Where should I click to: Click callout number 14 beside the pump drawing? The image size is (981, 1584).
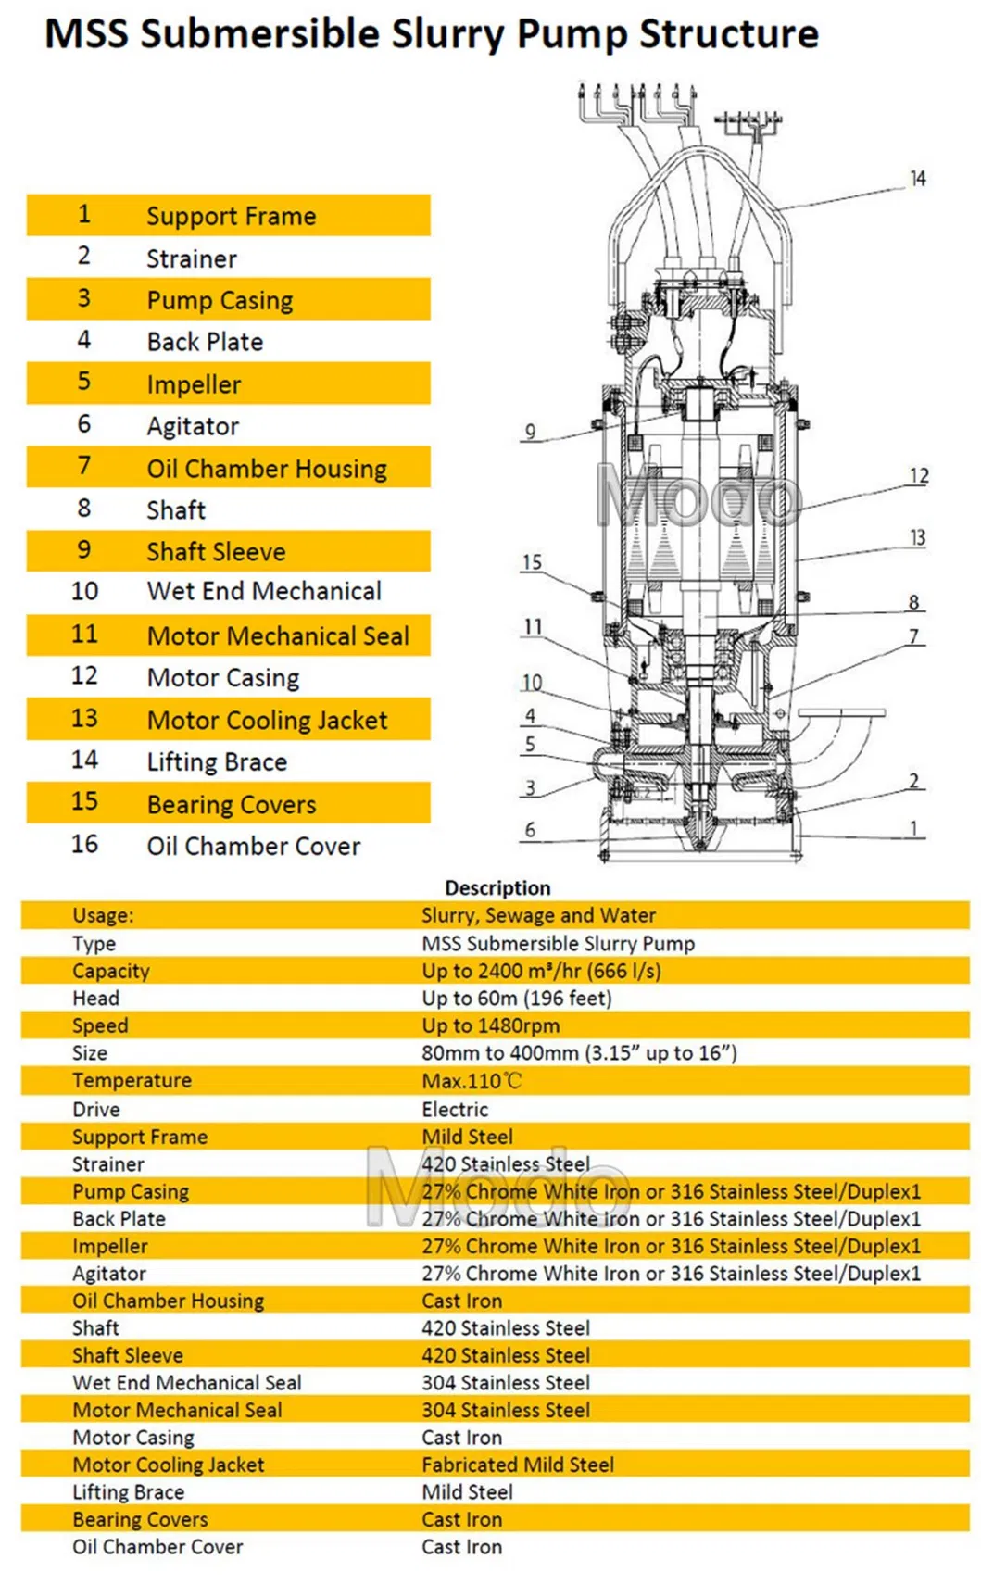tap(917, 178)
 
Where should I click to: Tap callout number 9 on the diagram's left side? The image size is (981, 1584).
tap(530, 431)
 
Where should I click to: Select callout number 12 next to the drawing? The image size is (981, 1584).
tap(918, 475)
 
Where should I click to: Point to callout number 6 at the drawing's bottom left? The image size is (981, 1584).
tap(530, 829)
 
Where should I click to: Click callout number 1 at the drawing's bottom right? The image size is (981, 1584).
tap(914, 827)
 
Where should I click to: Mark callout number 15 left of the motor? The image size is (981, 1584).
tap(532, 562)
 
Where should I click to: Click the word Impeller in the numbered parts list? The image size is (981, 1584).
tap(194, 384)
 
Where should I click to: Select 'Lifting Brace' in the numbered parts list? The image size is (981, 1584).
tap(217, 761)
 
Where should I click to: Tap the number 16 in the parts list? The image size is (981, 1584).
tap(84, 844)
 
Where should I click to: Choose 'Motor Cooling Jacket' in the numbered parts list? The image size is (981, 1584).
tap(267, 720)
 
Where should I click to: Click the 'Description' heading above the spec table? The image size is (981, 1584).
tap(497, 887)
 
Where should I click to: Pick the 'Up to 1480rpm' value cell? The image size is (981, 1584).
tap(490, 1025)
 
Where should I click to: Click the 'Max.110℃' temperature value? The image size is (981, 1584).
tap(472, 1080)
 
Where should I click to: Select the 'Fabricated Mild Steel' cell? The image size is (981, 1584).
tap(517, 1465)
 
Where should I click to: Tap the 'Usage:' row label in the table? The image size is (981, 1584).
tap(103, 915)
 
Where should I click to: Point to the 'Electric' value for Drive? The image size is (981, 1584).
tap(454, 1109)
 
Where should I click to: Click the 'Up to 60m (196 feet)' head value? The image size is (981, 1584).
tap(516, 998)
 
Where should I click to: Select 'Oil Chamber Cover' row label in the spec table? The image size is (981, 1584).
tap(157, 1546)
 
